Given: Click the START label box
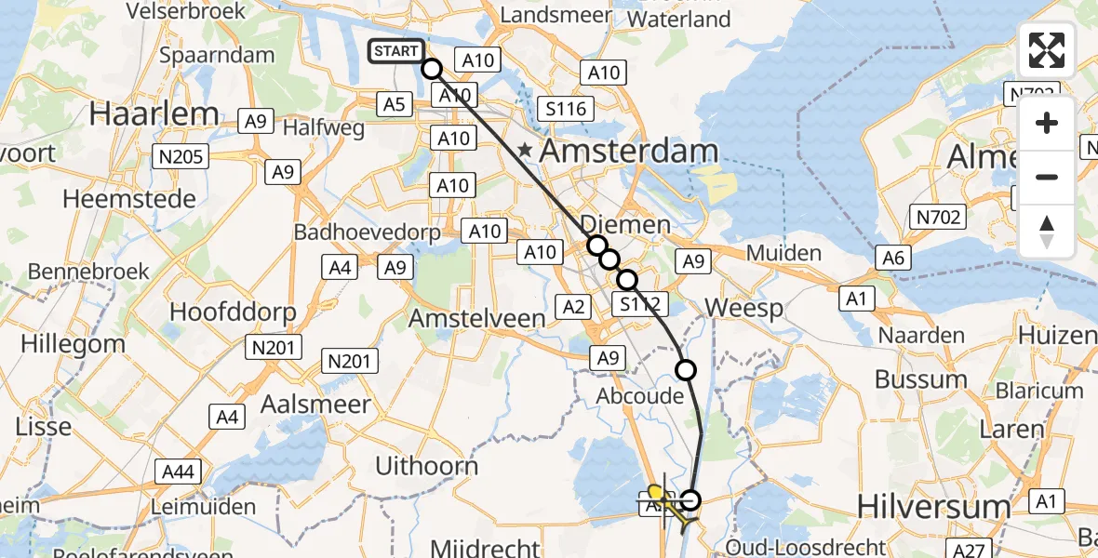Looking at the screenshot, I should click(x=396, y=51).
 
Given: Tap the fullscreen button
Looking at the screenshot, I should click(x=1047, y=50).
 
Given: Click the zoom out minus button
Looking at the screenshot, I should click(x=1047, y=177).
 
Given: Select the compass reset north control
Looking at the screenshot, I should click(x=1047, y=232).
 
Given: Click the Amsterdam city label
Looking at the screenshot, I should click(x=629, y=152).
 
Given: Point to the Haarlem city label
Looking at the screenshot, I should click(x=154, y=114).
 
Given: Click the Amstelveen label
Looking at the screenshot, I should click(x=477, y=318).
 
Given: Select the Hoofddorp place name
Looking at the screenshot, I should click(x=234, y=311).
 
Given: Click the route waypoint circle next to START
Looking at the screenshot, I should click(x=432, y=68).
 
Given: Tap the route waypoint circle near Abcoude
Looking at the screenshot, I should click(x=685, y=370).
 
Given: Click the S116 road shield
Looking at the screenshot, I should click(x=566, y=109).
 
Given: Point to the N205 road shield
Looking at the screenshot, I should click(x=182, y=157).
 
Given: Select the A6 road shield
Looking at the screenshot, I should click(x=892, y=259).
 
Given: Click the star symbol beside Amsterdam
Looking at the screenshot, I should click(x=526, y=150).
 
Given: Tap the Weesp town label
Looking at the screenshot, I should click(x=743, y=308).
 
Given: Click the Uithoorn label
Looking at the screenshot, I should click(x=427, y=466).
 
